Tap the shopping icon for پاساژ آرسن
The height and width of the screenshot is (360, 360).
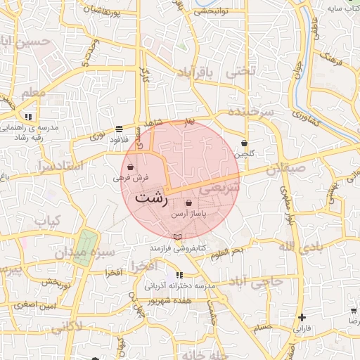(x=188, y=202)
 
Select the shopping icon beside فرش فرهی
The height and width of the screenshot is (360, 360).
(x=131, y=167)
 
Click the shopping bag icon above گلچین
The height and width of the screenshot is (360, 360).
(x=244, y=143)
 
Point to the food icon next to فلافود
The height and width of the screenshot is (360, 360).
(x=118, y=129)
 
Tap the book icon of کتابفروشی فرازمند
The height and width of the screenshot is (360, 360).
(x=177, y=236)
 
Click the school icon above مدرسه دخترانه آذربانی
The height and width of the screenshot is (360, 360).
(x=178, y=275)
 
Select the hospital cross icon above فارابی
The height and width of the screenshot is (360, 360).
(x=302, y=318)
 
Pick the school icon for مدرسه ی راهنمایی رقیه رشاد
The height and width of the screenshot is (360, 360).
(x=28, y=117)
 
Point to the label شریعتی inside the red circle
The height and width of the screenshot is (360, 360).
(x=220, y=188)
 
